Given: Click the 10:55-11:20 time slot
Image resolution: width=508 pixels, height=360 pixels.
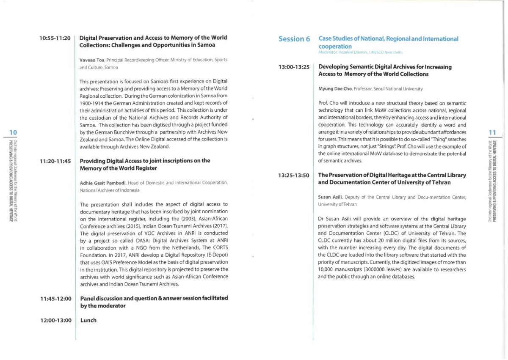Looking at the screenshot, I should click(55, 38).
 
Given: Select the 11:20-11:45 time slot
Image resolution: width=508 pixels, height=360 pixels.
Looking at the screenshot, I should click(55, 161).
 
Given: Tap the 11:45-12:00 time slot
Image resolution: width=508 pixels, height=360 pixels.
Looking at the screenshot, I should click(55, 299).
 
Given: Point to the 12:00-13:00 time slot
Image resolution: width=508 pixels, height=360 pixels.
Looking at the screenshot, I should click(55, 320).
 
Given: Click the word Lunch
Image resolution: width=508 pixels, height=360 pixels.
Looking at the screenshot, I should click(88, 320).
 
